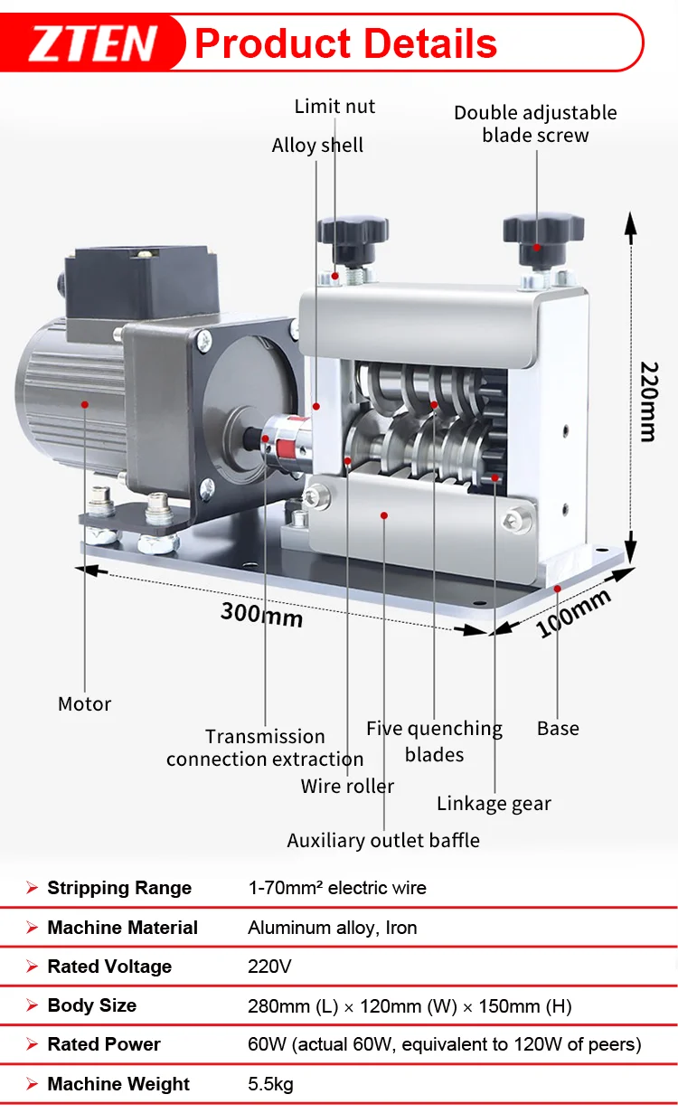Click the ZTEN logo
[93, 43]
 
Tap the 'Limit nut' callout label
[334, 107]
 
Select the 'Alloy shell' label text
[317, 146]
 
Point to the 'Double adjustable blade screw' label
[535, 124]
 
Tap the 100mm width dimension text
[573, 613]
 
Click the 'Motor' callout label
[84, 703]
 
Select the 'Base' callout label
[558, 728]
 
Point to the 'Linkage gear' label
[494, 803]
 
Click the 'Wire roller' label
[347, 786]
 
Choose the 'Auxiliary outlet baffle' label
[383, 840]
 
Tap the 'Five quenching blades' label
[434, 740]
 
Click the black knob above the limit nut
[353, 232]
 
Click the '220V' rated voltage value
[269, 967]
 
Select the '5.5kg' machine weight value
[270, 1084]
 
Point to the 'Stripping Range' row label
[119, 888]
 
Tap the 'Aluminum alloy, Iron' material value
[332, 928]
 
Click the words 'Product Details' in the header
[345, 43]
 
